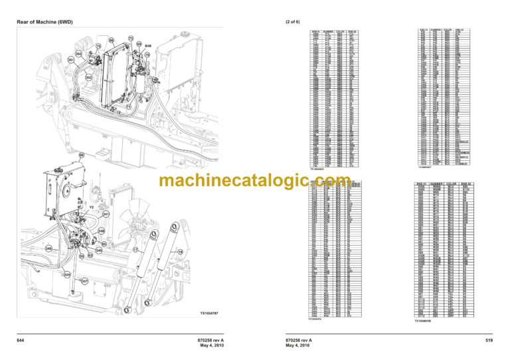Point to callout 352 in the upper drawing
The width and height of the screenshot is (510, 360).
[88, 77]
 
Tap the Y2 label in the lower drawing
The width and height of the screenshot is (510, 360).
[91, 207]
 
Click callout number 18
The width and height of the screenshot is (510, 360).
[180, 252]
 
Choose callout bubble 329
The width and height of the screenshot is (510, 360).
[66, 274]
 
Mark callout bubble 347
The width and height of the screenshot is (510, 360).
[84, 282]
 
